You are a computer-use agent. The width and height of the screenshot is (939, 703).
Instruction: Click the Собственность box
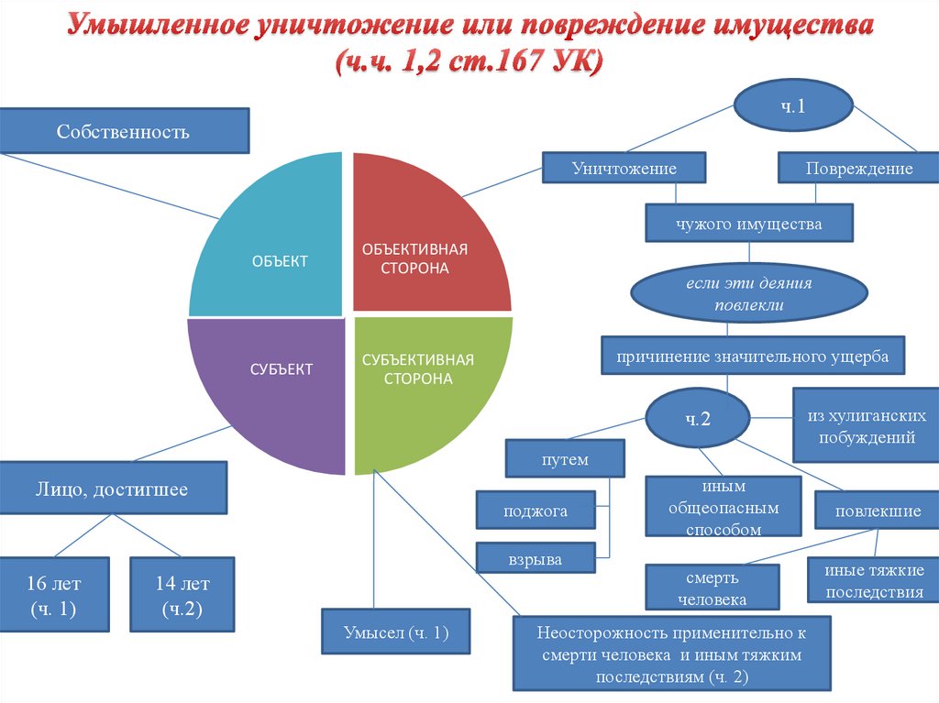pyautogui.click(x=123, y=131)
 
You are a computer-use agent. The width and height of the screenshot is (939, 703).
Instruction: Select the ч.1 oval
pyautogui.click(x=792, y=106)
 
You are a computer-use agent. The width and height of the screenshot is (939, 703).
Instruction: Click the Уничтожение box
pyautogui.click(x=624, y=169)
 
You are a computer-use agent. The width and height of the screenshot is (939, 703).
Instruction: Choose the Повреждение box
pyautogui.click(x=858, y=169)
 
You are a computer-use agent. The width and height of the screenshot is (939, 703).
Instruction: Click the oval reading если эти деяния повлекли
pyautogui.click(x=749, y=294)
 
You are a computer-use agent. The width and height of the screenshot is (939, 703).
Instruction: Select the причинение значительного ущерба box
pyautogui.click(x=753, y=357)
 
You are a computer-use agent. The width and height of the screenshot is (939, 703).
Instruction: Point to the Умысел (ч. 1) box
pyautogui.click(x=396, y=632)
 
